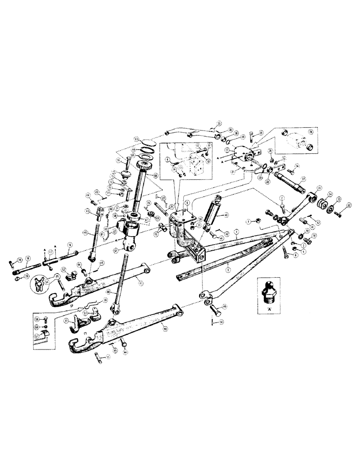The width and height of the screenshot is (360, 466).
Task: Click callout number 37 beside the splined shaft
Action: point(304,179)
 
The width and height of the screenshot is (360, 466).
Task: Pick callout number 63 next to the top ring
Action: point(137,139)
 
